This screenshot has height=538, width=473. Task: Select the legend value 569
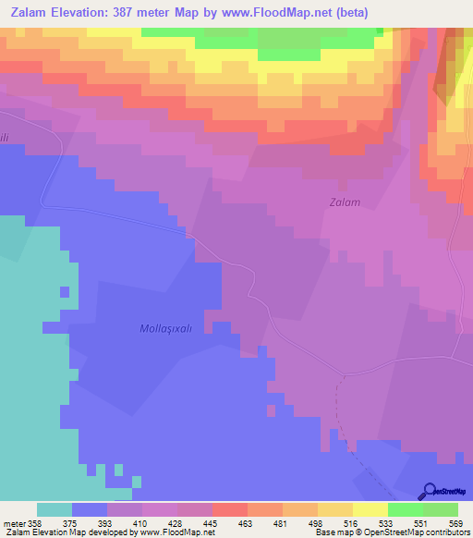(x=455, y=523)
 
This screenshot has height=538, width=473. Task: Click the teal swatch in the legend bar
(x=55, y=509)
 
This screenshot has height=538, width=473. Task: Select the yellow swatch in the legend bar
(x=370, y=509)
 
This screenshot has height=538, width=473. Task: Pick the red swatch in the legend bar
(x=229, y=509)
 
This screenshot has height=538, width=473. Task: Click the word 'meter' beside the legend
(x=16, y=523)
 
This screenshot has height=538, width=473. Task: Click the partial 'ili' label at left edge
(x=5, y=135)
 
